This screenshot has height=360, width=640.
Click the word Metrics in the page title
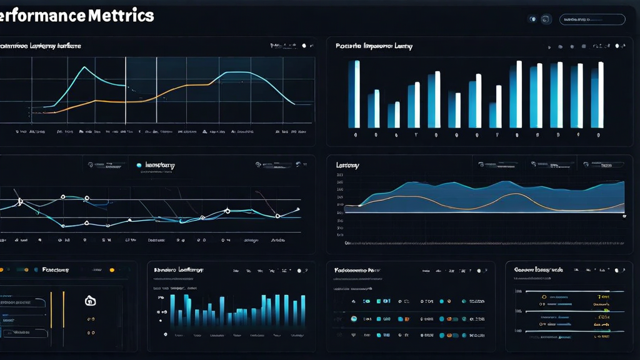120,16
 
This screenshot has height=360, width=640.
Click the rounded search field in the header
591,19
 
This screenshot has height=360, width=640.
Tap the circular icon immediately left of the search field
546,19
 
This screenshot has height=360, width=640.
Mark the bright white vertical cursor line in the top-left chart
126,91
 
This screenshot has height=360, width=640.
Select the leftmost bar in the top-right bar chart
354,94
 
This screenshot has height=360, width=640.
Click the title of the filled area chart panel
347,165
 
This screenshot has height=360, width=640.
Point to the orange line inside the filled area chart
512,194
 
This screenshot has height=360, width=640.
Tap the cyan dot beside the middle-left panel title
139,166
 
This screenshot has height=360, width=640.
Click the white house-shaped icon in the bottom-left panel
89,301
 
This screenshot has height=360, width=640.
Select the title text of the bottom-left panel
55,270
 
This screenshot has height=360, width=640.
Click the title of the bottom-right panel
538,269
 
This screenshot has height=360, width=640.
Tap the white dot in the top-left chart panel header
304,46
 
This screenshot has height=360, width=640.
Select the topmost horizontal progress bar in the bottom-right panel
562,291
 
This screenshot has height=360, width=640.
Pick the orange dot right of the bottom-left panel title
112,270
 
